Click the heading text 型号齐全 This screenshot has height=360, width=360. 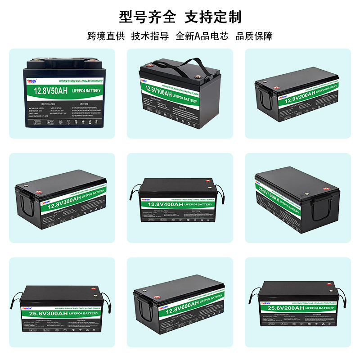147,17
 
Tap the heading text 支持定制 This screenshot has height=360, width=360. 213,17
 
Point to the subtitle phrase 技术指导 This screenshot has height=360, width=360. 150,36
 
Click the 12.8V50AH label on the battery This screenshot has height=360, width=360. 51,92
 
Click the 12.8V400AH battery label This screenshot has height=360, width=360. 165,204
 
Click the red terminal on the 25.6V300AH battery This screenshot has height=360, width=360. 94,289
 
